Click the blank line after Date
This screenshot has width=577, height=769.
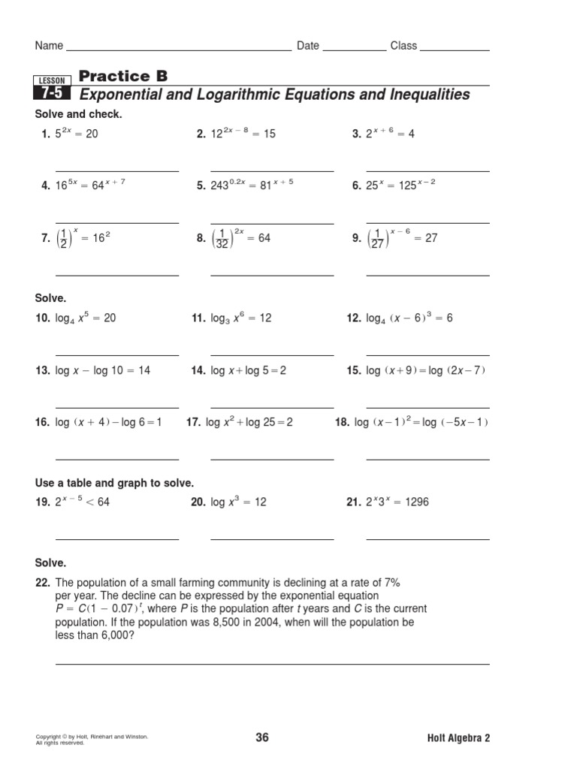pos(354,50)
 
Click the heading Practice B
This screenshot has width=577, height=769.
pos(123,76)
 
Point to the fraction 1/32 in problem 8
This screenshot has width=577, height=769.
pos(222,239)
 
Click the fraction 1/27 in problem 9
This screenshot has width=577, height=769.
pos(378,239)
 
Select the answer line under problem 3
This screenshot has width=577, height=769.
pos(427,171)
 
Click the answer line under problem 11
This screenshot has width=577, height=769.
pos(272,355)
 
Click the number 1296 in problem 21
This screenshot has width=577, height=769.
pos(416,502)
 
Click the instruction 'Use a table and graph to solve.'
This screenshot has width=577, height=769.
pos(114,483)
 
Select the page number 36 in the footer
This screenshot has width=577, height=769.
pos(262,737)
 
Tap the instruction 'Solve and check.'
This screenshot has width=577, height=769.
pos(78,114)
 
